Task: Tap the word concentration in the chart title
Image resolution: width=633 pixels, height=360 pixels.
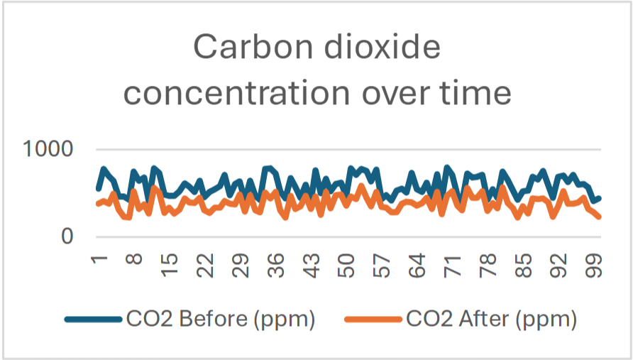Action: pos(235,92)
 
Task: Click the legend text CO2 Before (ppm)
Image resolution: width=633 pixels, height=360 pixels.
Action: pos(221,320)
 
